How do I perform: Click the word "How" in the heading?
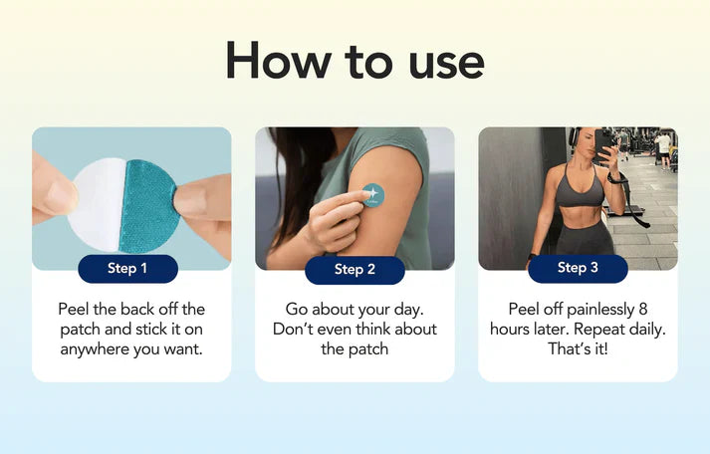point(279,61)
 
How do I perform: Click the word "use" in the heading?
point(446,66)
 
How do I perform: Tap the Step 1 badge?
point(127,269)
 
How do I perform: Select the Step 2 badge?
point(355,270)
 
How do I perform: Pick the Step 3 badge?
point(578,268)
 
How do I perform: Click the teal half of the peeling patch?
point(147,206)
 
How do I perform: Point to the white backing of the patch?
point(96,204)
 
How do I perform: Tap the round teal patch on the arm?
point(373,195)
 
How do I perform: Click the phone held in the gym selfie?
point(603,144)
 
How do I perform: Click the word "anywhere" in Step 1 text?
point(94,349)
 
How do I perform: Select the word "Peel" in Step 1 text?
point(74,310)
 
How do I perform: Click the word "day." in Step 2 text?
point(408,310)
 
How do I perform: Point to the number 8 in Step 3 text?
point(643,310)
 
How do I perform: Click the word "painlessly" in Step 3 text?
point(600,310)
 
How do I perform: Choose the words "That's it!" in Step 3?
point(578,349)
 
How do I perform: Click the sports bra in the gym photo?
point(580,185)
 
